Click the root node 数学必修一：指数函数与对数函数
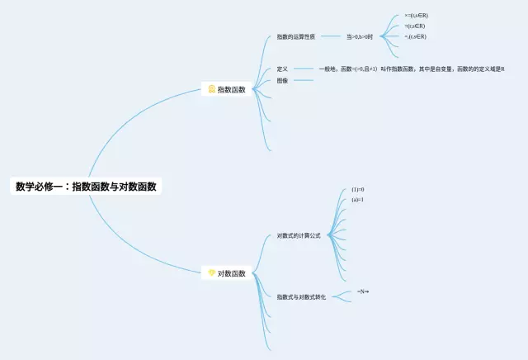point(86,187)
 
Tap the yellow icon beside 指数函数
point(211,88)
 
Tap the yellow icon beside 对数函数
point(211,272)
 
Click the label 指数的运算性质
point(296,36)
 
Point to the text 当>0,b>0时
point(360,36)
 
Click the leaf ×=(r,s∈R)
point(416,16)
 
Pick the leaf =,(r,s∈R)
point(416,36)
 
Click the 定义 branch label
point(282,69)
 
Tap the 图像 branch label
point(282,80)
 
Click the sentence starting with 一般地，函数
point(411,69)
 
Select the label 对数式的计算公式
point(299,235)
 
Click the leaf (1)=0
point(357,189)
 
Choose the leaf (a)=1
point(357,200)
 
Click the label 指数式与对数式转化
point(301,296)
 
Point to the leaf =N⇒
point(363,291)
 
